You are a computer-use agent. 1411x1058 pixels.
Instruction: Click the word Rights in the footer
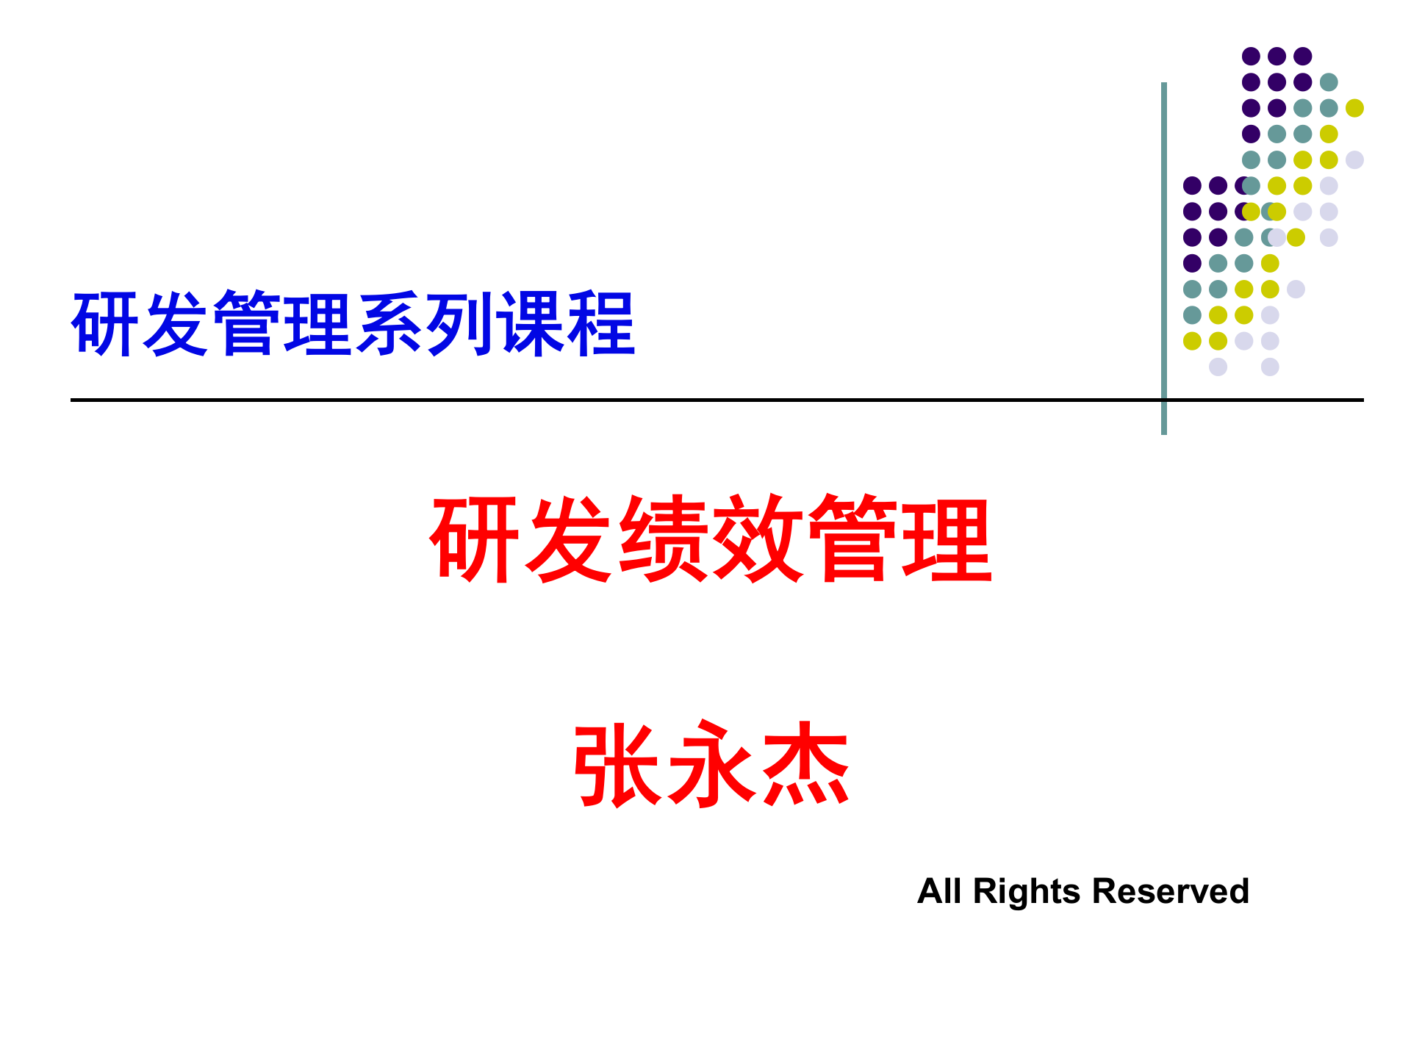pos(1027,891)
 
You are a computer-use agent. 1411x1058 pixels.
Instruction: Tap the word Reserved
pos(1170,891)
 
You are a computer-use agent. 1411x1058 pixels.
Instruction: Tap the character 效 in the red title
pos(758,538)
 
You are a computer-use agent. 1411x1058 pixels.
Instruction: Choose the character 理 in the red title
pos(947,538)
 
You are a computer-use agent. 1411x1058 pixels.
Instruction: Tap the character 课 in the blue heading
pos(530,324)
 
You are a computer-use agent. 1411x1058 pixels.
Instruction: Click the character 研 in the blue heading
pos(106,324)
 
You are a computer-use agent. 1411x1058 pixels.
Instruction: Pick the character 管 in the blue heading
pos(248,324)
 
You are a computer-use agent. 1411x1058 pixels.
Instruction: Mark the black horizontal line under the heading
pos(588,400)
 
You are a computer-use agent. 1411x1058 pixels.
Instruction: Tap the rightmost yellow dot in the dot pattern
pos(1354,108)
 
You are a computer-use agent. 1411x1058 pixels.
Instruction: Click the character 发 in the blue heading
pos(176,324)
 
